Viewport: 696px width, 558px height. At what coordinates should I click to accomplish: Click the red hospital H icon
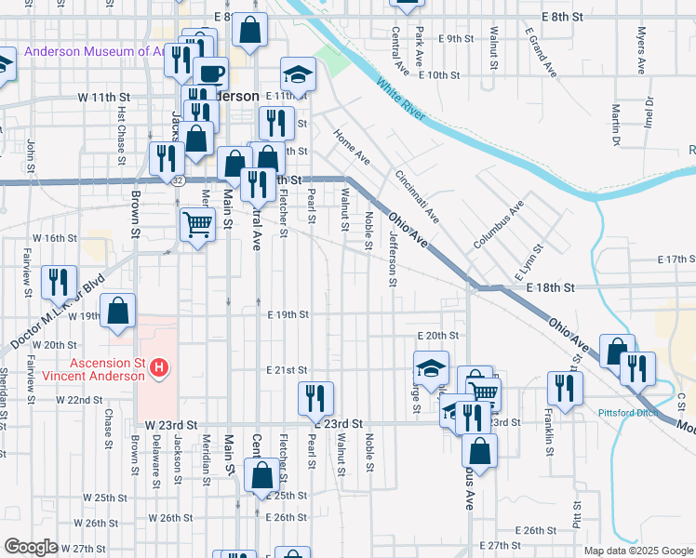click(x=159, y=369)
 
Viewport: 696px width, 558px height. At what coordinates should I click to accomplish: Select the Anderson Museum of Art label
click(x=93, y=52)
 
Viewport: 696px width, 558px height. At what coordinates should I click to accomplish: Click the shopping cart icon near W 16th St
click(x=197, y=223)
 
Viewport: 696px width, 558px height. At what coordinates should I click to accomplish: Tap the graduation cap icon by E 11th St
click(x=298, y=73)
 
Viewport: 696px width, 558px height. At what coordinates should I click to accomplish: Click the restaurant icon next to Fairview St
click(x=60, y=281)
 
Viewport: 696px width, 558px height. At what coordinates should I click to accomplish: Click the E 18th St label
click(x=550, y=289)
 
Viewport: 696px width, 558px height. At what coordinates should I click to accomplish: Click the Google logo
click(x=32, y=547)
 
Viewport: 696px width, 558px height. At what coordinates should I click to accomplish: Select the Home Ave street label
click(x=352, y=147)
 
